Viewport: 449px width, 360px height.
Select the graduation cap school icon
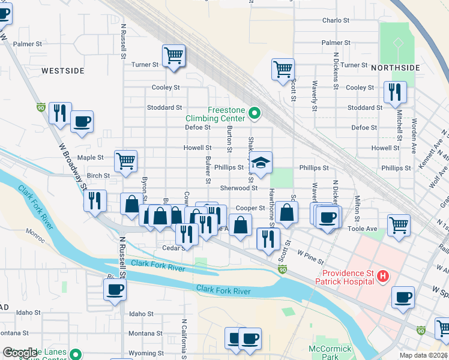[261, 163]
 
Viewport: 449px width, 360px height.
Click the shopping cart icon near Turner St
[173, 56]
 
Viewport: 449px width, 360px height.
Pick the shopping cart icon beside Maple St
[126, 160]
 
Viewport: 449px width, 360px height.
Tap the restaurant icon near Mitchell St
[395, 91]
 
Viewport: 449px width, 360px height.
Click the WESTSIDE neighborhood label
[63, 71]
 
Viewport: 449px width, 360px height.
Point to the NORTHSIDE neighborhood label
[395, 68]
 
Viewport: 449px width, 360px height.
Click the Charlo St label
[336, 20]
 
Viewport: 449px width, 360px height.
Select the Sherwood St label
[238, 188]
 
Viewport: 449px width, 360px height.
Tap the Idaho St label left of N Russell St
[28, 313]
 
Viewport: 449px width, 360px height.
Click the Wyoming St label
[142, 353]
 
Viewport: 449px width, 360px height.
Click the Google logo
[20, 353]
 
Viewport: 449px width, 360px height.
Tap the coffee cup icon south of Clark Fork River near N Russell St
[115, 289]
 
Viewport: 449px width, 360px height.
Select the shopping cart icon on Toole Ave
[399, 225]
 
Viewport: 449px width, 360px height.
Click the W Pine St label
[310, 259]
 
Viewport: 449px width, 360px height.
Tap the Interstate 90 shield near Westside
[41, 107]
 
